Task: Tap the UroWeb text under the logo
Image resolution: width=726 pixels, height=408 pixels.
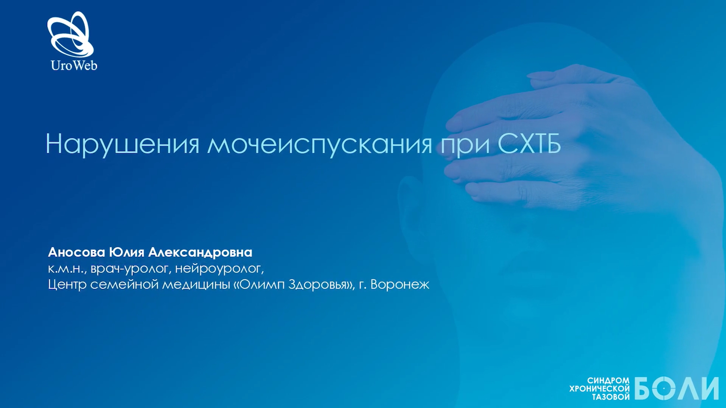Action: point(74,65)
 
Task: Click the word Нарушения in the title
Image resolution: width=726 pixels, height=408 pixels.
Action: point(122,144)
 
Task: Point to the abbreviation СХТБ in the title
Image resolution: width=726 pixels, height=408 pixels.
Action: point(529,144)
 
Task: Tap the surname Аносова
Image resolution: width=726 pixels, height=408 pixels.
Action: point(76,252)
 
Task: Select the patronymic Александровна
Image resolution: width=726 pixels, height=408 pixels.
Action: point(200,252)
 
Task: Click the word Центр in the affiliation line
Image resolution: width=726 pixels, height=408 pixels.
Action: point(67,284)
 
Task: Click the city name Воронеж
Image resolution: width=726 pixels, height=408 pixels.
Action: point(400,284)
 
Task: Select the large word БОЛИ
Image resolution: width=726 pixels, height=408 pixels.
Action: point(676,388)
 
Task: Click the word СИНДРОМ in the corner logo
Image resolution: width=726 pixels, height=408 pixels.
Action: point(608,380)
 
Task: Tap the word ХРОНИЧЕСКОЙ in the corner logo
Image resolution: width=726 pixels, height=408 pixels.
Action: point(600,388)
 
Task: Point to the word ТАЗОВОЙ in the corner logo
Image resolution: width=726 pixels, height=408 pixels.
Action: point(611,397)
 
